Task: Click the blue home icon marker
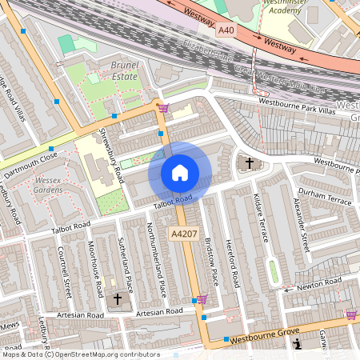180,172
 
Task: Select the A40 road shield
227,30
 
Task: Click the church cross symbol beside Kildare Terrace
249,163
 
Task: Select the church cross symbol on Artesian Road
118,299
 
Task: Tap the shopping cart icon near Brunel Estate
163,108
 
